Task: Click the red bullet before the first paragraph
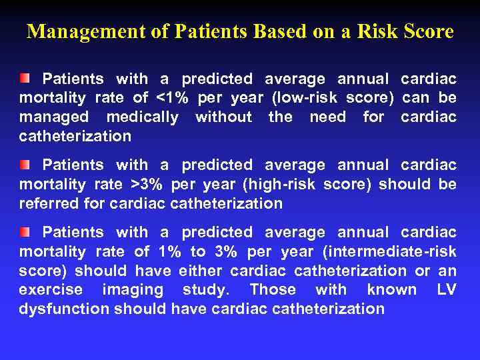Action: coord(25,79)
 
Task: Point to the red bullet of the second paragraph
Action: coord(25,164)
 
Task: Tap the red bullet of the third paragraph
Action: coord(25,232)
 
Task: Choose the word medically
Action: coord(141,117)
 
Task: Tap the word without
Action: coord(223,117)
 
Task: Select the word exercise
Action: coord(51,290)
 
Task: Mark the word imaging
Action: coord(133,290)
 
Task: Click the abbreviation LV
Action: coord(446,290)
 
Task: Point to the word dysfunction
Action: coord(64,309)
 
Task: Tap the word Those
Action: coord(273,290)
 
